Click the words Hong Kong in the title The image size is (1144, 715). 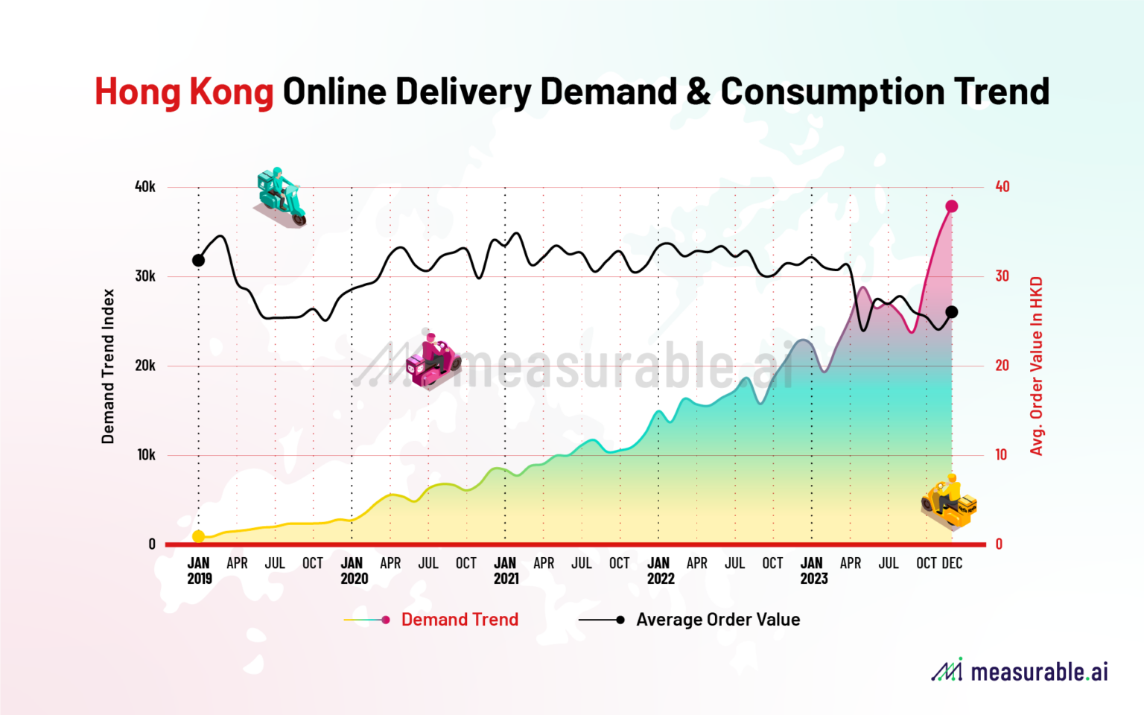[x=184, y=92]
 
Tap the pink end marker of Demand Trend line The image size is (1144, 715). [x=951, y=206]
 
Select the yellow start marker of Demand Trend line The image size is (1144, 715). [x=198, y=536]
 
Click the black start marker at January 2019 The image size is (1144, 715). [x=198, y=261]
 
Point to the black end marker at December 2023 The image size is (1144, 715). [x=951, y=312]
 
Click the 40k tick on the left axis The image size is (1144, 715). [x=145, y=187]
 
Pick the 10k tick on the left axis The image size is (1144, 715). [x=146, y=455]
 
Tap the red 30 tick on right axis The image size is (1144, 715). [x=1002, y=276]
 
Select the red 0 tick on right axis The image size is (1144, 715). [x=999, y=544]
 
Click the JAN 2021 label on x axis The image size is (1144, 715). [x=506, y=571]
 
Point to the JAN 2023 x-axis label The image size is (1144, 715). [x=813, y=571]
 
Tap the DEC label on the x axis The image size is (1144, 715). [x=952, y=564]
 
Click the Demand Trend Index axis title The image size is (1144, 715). [x=109, y=366]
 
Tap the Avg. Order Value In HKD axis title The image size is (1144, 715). [x=1036, y=366]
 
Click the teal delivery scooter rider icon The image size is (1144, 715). [x=281, y=197]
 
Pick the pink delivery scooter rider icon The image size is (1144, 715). [x=433, y=360]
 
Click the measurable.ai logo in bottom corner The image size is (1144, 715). [x=1020, y=671]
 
